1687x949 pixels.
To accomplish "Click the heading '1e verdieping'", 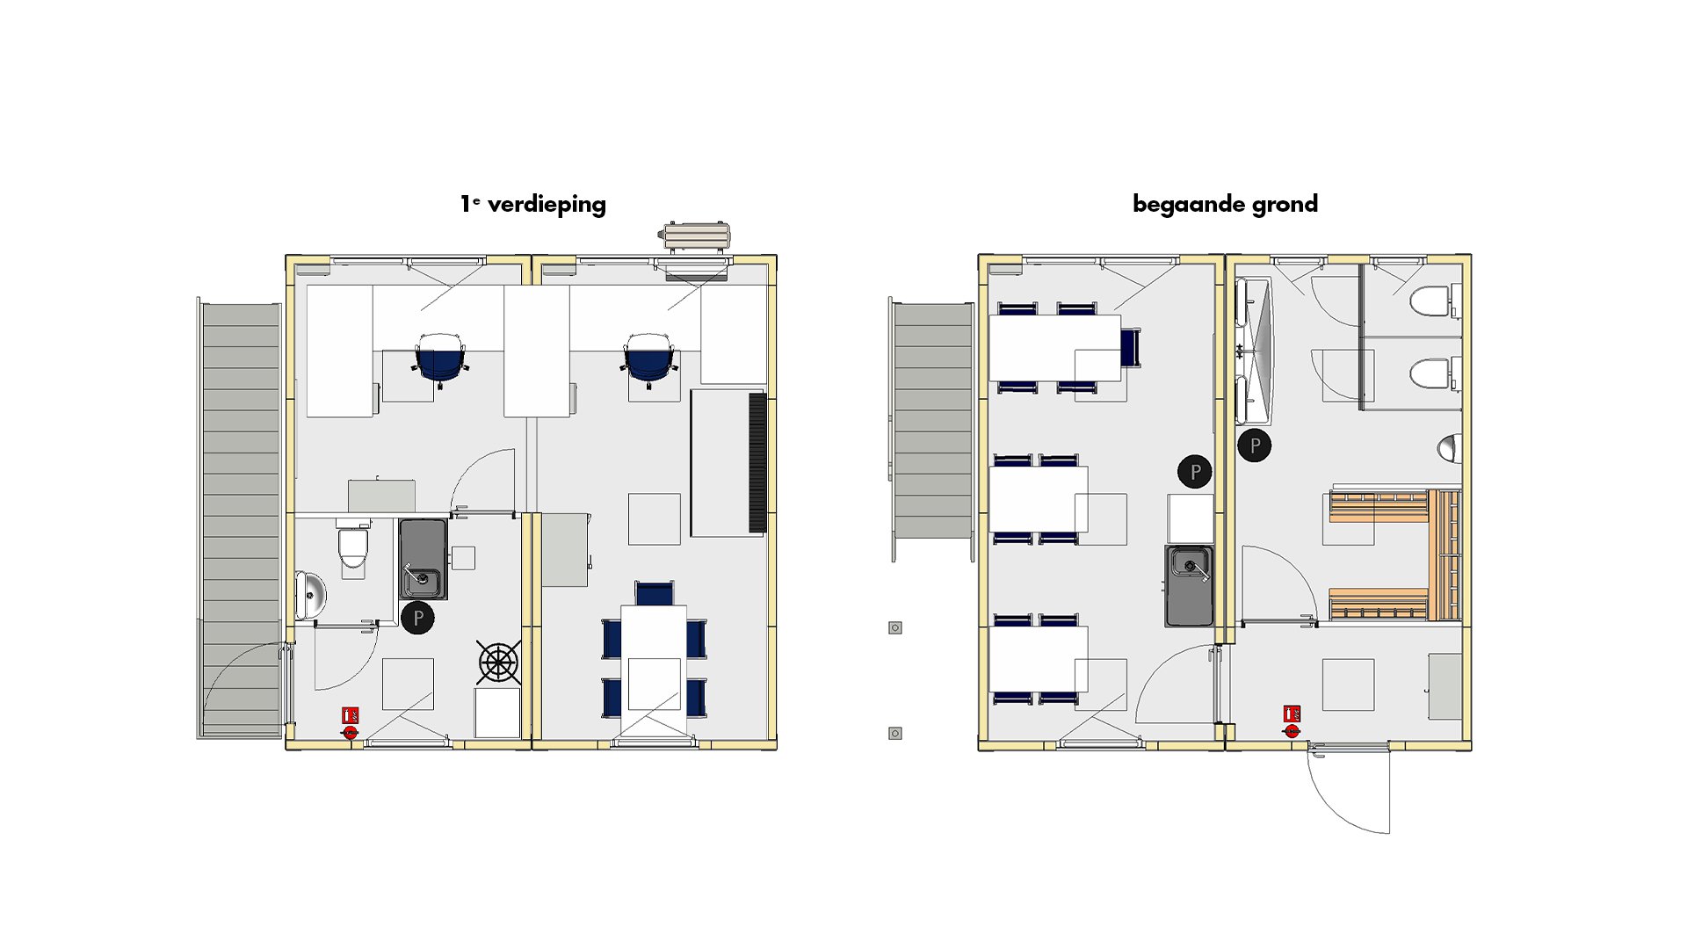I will (x=532, y=204).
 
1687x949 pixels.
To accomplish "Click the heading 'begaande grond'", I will (x=1225, y=204).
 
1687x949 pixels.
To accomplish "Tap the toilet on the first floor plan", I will (x=353, y=547).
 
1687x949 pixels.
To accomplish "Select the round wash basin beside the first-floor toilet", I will (x=309, y=593).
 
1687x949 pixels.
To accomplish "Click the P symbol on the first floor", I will (x=418, y=618).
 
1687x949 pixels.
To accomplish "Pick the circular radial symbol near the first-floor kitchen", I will (x=498, y=662).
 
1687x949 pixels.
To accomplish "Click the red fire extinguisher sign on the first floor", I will (x=350, y=715).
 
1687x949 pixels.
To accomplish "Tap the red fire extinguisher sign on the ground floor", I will (x=1292, y=714).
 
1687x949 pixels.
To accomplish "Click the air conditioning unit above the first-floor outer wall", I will (x=696, y=237).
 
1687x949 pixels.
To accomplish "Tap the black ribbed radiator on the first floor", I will (x=757, y=463).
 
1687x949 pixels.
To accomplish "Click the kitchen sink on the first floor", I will (x=423, y=559).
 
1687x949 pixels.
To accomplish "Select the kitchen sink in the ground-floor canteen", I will (x=1190, y=585).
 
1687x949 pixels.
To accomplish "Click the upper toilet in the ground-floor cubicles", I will (x=1430, y=301).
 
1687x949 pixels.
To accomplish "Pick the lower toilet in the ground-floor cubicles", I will (x=1430, y=373).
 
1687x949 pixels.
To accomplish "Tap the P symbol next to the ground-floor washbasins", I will (x=1254, y=446).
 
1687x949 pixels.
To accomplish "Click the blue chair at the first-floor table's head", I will (x=654, y=593).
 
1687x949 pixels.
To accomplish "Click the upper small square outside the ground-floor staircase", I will (x=895, y=627).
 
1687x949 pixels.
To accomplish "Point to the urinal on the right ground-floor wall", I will (x=1450, y=448).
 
